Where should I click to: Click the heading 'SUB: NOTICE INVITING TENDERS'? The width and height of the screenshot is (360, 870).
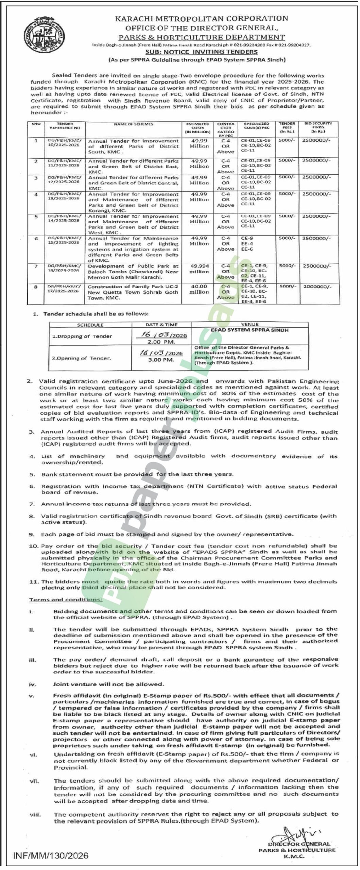point(201,52)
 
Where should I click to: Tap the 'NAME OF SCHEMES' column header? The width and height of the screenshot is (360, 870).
point(133,124)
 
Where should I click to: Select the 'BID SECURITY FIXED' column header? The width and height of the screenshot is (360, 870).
point(318,127)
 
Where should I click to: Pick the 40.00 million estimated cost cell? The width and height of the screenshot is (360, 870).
point(199,289)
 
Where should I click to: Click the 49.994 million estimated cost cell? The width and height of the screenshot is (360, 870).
point(199,269)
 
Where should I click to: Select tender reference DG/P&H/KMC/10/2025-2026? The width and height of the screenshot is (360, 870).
point(64,142)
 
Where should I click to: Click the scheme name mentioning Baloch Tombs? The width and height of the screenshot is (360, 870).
point(133,272)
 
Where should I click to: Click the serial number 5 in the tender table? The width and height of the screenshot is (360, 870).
point(36,216)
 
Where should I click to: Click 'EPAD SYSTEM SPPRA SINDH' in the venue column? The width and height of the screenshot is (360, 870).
point(250,330)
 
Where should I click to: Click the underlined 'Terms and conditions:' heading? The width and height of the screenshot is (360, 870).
point(66,599)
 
